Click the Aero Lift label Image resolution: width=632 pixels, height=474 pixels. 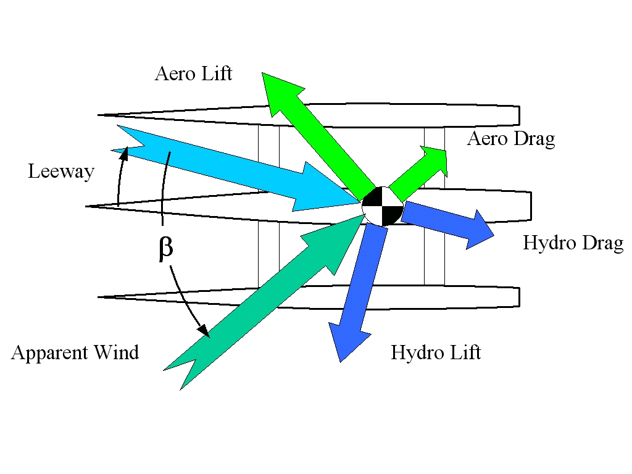coord(193,74)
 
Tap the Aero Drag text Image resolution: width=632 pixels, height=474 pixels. coord(510,139)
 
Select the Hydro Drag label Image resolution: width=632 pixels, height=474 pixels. coord(573,243)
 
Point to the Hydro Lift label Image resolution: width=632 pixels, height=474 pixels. coord(435,353)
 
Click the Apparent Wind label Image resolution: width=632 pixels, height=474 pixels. coord(75,353)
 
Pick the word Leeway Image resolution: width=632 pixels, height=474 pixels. coord(60,171)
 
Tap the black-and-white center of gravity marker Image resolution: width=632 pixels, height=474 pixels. coord(383,206)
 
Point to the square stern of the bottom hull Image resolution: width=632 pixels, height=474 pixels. coord(518,297)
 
